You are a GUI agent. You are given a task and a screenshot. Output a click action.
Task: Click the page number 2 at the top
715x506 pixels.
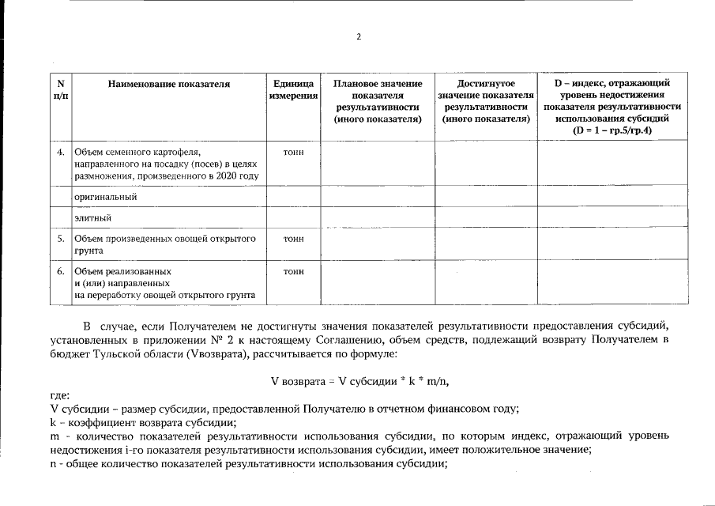[x=358, y=36]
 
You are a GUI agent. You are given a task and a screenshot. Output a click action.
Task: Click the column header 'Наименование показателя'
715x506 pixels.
[x=169, y=84]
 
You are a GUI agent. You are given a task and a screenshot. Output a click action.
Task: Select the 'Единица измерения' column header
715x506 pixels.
[x=293, y=89]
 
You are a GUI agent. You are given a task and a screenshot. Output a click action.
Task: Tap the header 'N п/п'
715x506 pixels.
[x=60, y=89]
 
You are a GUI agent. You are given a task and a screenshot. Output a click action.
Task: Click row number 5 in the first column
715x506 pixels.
[x=60, y=237]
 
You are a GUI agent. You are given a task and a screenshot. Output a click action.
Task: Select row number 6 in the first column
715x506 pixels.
[x=60, y=271]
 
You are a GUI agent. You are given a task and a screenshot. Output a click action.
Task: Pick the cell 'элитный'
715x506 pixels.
[x=92, y=217]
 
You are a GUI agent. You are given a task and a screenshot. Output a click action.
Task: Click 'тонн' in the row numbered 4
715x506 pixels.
[x=293, y=151]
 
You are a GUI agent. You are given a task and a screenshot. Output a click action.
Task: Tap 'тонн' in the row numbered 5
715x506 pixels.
[x=293, y=237]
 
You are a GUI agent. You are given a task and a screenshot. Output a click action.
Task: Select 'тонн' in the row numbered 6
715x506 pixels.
[x=293, y=271]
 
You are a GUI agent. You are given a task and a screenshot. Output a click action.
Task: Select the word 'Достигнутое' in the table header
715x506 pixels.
[x=486, y=83]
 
